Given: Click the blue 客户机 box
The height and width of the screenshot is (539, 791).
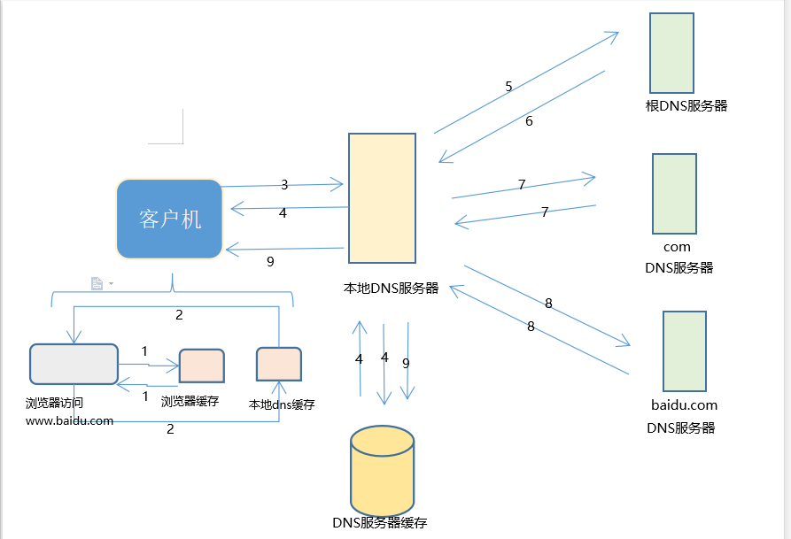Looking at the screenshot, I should tap(169, 219).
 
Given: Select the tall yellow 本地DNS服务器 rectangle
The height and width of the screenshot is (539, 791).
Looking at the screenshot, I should tap(382, 198).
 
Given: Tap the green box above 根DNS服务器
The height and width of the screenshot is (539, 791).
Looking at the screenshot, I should tap(671, 53).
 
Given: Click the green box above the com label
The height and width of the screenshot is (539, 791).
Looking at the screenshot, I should tap(674, 194).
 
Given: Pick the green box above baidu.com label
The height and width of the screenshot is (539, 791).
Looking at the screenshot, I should tap(685, 351).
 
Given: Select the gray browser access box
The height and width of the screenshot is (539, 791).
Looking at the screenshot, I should tap(74, 364).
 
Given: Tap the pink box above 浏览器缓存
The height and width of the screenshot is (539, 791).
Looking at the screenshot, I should tap(202, 366).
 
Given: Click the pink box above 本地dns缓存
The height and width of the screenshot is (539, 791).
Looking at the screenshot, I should tap(279, 364).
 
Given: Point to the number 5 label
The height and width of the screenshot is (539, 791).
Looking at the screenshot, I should tap(508, 87).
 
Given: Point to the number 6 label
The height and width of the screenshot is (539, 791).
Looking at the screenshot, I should tap(529, 121).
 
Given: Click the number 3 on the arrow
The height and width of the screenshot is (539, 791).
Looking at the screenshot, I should tap(284, 185).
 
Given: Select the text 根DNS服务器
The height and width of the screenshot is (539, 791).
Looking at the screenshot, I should tap(686, 106).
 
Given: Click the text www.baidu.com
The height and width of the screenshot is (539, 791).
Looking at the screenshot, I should tap(69, 420).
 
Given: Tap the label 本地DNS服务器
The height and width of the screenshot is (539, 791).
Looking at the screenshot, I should tap(391, 288).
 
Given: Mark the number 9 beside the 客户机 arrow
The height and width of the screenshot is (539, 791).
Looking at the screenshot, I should tap(270, 261).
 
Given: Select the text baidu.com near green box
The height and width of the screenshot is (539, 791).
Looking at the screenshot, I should tap(683, 405).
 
